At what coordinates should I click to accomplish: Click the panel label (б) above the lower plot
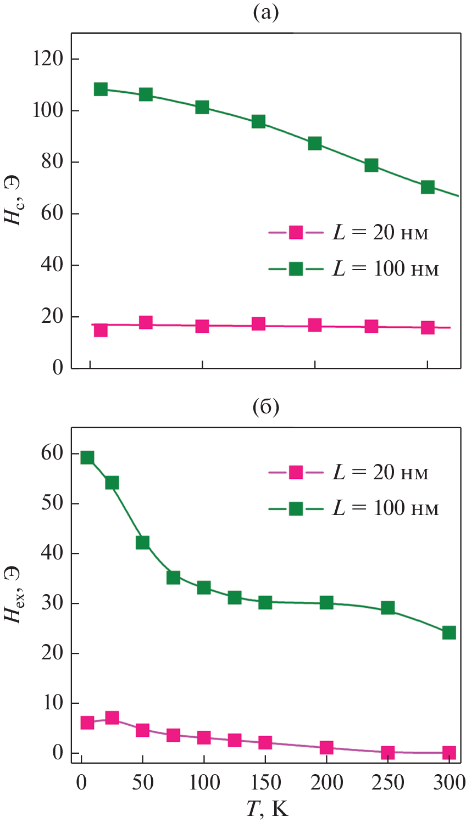coord(266,407)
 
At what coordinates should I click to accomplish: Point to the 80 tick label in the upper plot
coord(52,162)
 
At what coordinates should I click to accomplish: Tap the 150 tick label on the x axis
coord(265,782)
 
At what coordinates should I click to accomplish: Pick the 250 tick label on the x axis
coord(388,782)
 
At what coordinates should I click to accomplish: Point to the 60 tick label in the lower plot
coord(52,454)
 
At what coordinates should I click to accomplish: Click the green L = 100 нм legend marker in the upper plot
coord(296,268)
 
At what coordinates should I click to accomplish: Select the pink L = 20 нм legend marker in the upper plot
coord(296,232)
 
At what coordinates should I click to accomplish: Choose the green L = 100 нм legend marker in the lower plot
coord(296,508)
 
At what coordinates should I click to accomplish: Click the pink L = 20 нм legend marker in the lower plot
coord(296,472)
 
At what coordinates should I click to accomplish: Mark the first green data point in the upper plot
coord(101,89)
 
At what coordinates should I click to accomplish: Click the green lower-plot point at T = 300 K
coord(449,632)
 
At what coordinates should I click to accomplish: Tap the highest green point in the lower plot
coord(87,457)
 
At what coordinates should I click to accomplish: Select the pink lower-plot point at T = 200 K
coord(326,747)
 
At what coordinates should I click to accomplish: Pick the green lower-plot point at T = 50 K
coord(142,542)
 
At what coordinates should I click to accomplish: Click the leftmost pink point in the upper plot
coord(101,330)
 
